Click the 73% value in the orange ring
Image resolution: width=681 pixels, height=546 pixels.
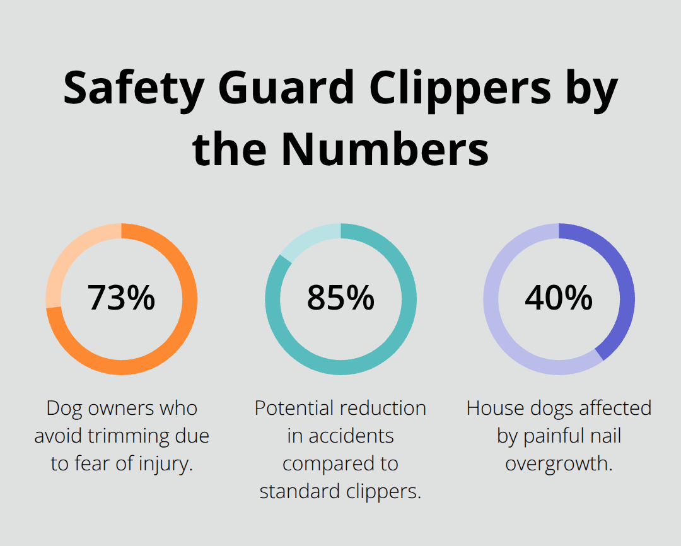pos(121,298)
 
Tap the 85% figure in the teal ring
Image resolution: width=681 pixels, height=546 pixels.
pos(340,298)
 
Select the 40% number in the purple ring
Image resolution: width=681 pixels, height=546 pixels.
pos(559,298)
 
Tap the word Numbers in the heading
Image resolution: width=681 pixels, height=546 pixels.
pos(385,149)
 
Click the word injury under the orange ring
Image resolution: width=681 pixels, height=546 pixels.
pos(165,464)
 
